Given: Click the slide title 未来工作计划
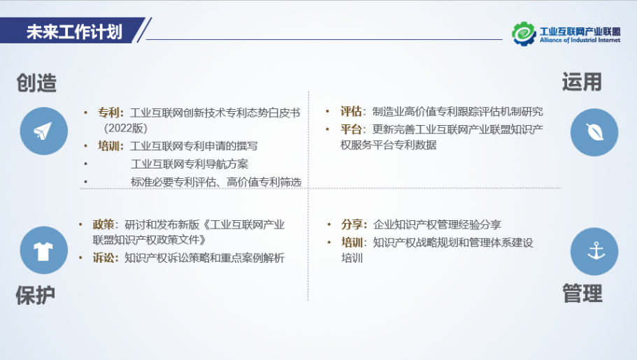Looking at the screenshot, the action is [74, 31].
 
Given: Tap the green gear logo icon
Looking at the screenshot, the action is [524, 34].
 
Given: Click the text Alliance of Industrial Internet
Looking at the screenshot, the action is [580, 41].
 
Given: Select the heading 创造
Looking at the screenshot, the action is [36, 83].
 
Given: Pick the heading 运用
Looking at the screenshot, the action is [582, 82].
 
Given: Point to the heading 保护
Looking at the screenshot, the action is [36, 295].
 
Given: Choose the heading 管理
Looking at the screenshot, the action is [582, 294].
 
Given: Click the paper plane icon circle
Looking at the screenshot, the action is [44, 131].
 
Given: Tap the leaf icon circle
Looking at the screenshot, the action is [594, 132].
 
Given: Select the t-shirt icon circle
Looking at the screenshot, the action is [44, 250].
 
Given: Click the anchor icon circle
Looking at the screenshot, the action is [594, 252].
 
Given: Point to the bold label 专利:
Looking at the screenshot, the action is [110, 113].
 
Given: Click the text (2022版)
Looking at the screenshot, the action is [126, 129].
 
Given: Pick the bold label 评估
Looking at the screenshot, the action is [351, 111].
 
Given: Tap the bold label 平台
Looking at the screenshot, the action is [351, 129].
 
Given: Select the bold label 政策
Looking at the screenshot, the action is [103, 224].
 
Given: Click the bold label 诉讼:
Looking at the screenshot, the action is [106, 258].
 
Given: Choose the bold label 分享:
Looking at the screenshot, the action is [355, 224].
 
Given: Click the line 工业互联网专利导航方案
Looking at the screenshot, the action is [189, 164].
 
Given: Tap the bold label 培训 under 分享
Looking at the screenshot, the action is [352, 243].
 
